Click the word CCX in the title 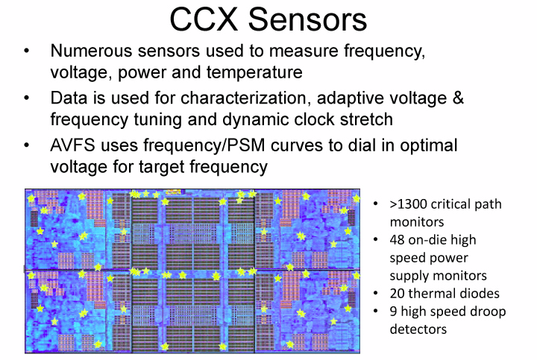click(204, 19)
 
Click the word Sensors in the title click(307, 19)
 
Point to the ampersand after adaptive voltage click(458, 98)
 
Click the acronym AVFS click(72, 145)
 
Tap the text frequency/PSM click(204, 145)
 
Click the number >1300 click(408, 204)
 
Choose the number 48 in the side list click(397, 240)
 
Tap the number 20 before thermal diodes click(397, 294)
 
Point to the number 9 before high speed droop click(394, 312)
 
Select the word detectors click(418, 329)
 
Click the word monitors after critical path click(417, 222)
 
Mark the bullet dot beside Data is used click(27, 98)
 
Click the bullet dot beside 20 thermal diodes click(376, 294)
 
